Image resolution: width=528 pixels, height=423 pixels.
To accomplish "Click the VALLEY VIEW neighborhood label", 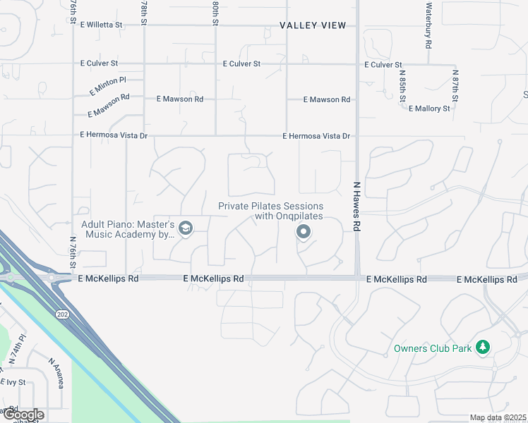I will (x=313, y=25).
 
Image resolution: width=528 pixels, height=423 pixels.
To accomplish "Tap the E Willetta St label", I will (x=101, y=25).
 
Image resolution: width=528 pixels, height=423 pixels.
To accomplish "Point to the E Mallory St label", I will (x=429, y=109).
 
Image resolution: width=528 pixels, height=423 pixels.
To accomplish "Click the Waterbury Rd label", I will (x=428, y=25).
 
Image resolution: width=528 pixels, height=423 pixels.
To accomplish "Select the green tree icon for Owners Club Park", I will (x=483, y=346).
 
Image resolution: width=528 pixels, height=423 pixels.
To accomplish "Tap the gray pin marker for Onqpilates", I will (x=304, y=231).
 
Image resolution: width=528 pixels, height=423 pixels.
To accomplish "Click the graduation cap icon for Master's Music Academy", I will (x=186, y=228).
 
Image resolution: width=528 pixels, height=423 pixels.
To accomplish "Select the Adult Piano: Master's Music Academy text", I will (x=128, y=229).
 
